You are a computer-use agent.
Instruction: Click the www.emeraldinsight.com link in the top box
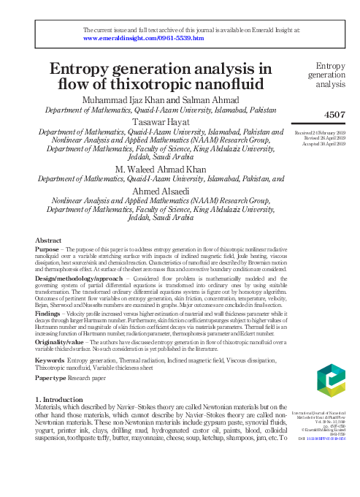(143, 37)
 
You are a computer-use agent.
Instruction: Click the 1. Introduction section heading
(64, 400)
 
